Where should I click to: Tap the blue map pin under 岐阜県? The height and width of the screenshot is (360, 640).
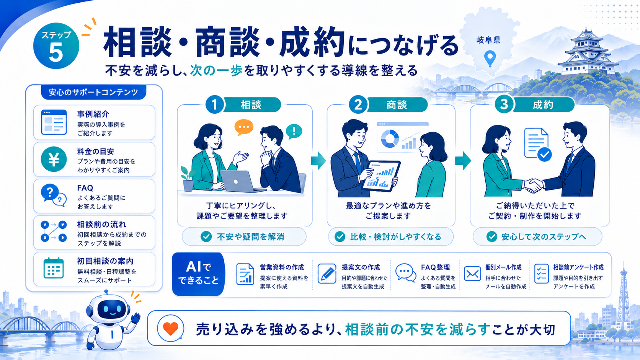click(490, 58)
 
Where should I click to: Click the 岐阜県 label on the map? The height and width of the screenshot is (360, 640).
click(488, 40)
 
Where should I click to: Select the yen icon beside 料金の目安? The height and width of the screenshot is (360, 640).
click(54, 159)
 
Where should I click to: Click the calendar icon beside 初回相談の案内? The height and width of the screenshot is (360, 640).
click(54, 268)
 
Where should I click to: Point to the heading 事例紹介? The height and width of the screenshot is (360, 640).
click(93, 114)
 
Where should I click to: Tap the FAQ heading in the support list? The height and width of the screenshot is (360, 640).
click(85, 188)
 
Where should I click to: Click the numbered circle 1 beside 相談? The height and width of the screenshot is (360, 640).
click(215, 104)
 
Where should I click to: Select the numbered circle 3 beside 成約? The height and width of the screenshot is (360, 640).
click(504, 104)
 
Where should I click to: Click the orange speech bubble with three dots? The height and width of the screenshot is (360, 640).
click(244, 127)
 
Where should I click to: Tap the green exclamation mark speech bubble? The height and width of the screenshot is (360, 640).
click(294, 131)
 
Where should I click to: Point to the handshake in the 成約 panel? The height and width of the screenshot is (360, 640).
click(533, 185)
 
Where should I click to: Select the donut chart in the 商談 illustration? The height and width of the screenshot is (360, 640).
click(390, 139)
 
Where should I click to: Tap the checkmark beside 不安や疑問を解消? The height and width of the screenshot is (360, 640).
click(206, 237)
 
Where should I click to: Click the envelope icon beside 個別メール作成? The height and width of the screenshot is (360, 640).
click(472, 274)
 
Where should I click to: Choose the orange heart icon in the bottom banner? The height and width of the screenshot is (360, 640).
click(171, 329)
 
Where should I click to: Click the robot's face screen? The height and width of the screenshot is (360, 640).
click(111, 309)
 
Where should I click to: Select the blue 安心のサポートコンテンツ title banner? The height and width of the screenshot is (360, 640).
click(93, 92)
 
